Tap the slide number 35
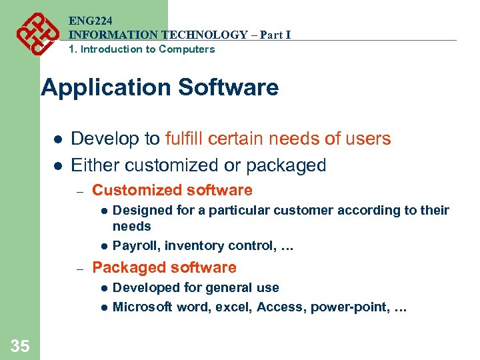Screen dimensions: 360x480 coord(20,345)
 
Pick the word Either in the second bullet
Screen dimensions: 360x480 coord(95,165)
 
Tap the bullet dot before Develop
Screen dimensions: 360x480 coord(57,139)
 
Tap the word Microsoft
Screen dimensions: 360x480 coord(142,307)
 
